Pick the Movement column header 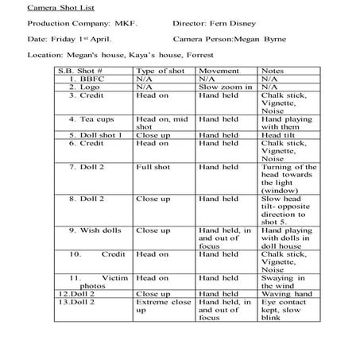[218, 72]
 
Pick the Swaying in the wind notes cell [284, 282]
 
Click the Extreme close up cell [164, 307]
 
